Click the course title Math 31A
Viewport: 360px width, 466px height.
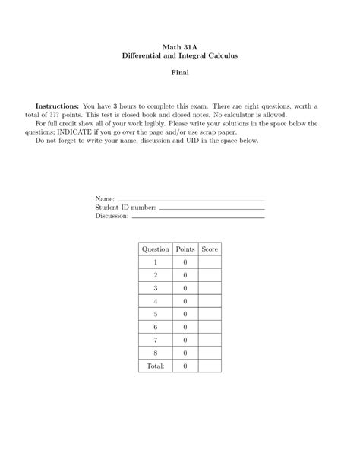(180, 46)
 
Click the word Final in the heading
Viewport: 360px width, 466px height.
(180, 73)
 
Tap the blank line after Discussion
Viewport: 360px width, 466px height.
(198, 216)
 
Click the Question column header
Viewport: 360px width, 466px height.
(156, 249)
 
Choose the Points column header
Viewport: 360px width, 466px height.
(185, 249)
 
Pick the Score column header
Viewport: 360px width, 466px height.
(210, 249)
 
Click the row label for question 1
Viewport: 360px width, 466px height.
(156, 262)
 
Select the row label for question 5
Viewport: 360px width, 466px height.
(156, 314)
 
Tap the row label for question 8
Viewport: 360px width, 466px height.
(156, 353)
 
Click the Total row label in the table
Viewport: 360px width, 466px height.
(156, 366)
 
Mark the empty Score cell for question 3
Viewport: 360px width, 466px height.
(210, 288)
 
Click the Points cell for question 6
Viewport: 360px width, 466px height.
(185, 327)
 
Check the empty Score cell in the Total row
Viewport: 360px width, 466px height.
(210, 366)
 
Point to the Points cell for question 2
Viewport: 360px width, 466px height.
(185, 275)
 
